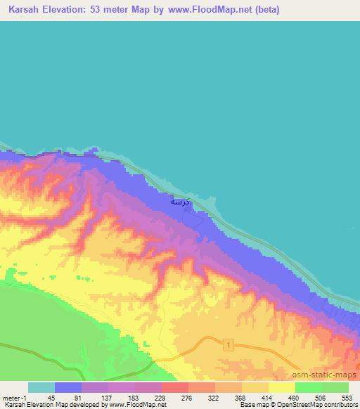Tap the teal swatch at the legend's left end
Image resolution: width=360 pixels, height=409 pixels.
tap(41, 387)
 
